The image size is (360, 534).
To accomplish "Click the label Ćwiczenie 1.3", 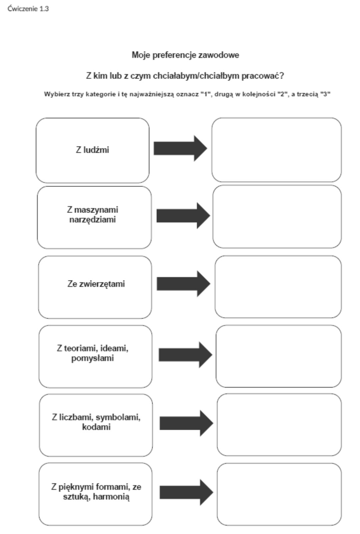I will coord(28,9).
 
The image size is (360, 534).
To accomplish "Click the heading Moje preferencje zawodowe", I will coord(185,55).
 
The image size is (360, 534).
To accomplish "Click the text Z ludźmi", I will coord(92,150).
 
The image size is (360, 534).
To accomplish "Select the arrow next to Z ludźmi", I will coord(180,148).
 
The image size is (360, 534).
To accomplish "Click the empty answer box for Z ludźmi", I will coord(276,150).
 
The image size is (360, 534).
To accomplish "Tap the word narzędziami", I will coord(92,220).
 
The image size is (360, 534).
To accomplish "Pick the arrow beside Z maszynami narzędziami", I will coord(183,216).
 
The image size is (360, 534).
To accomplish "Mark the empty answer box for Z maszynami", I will coord(277,216).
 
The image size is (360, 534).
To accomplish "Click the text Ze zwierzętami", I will coord(96,284).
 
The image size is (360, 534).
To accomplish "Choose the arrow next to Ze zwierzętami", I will coord(184,284).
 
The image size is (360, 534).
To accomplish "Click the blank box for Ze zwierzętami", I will coord(278,286).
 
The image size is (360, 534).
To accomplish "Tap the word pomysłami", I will coord(92,358).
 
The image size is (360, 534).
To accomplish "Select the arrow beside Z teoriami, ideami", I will coord(185,355).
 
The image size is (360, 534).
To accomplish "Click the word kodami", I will coord(96,427).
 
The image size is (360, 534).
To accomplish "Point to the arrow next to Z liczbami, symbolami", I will coord(186,423).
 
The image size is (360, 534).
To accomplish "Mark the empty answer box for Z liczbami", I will coord(279,425).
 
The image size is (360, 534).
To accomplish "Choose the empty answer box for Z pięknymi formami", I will coord(279,494).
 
